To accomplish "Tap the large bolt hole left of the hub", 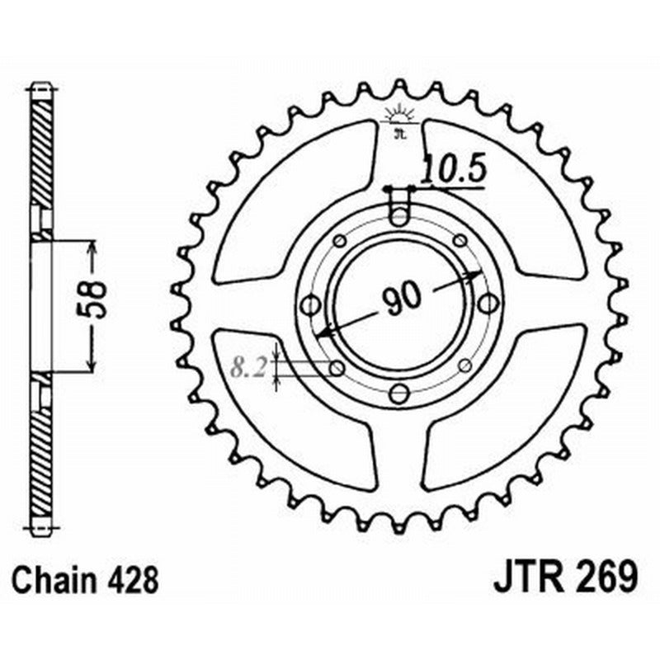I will point(311,305).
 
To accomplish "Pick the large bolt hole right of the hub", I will point(488,304).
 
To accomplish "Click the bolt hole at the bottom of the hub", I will point(399,393).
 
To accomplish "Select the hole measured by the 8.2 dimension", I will point(337,367).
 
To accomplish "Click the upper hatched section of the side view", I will point(41,148).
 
